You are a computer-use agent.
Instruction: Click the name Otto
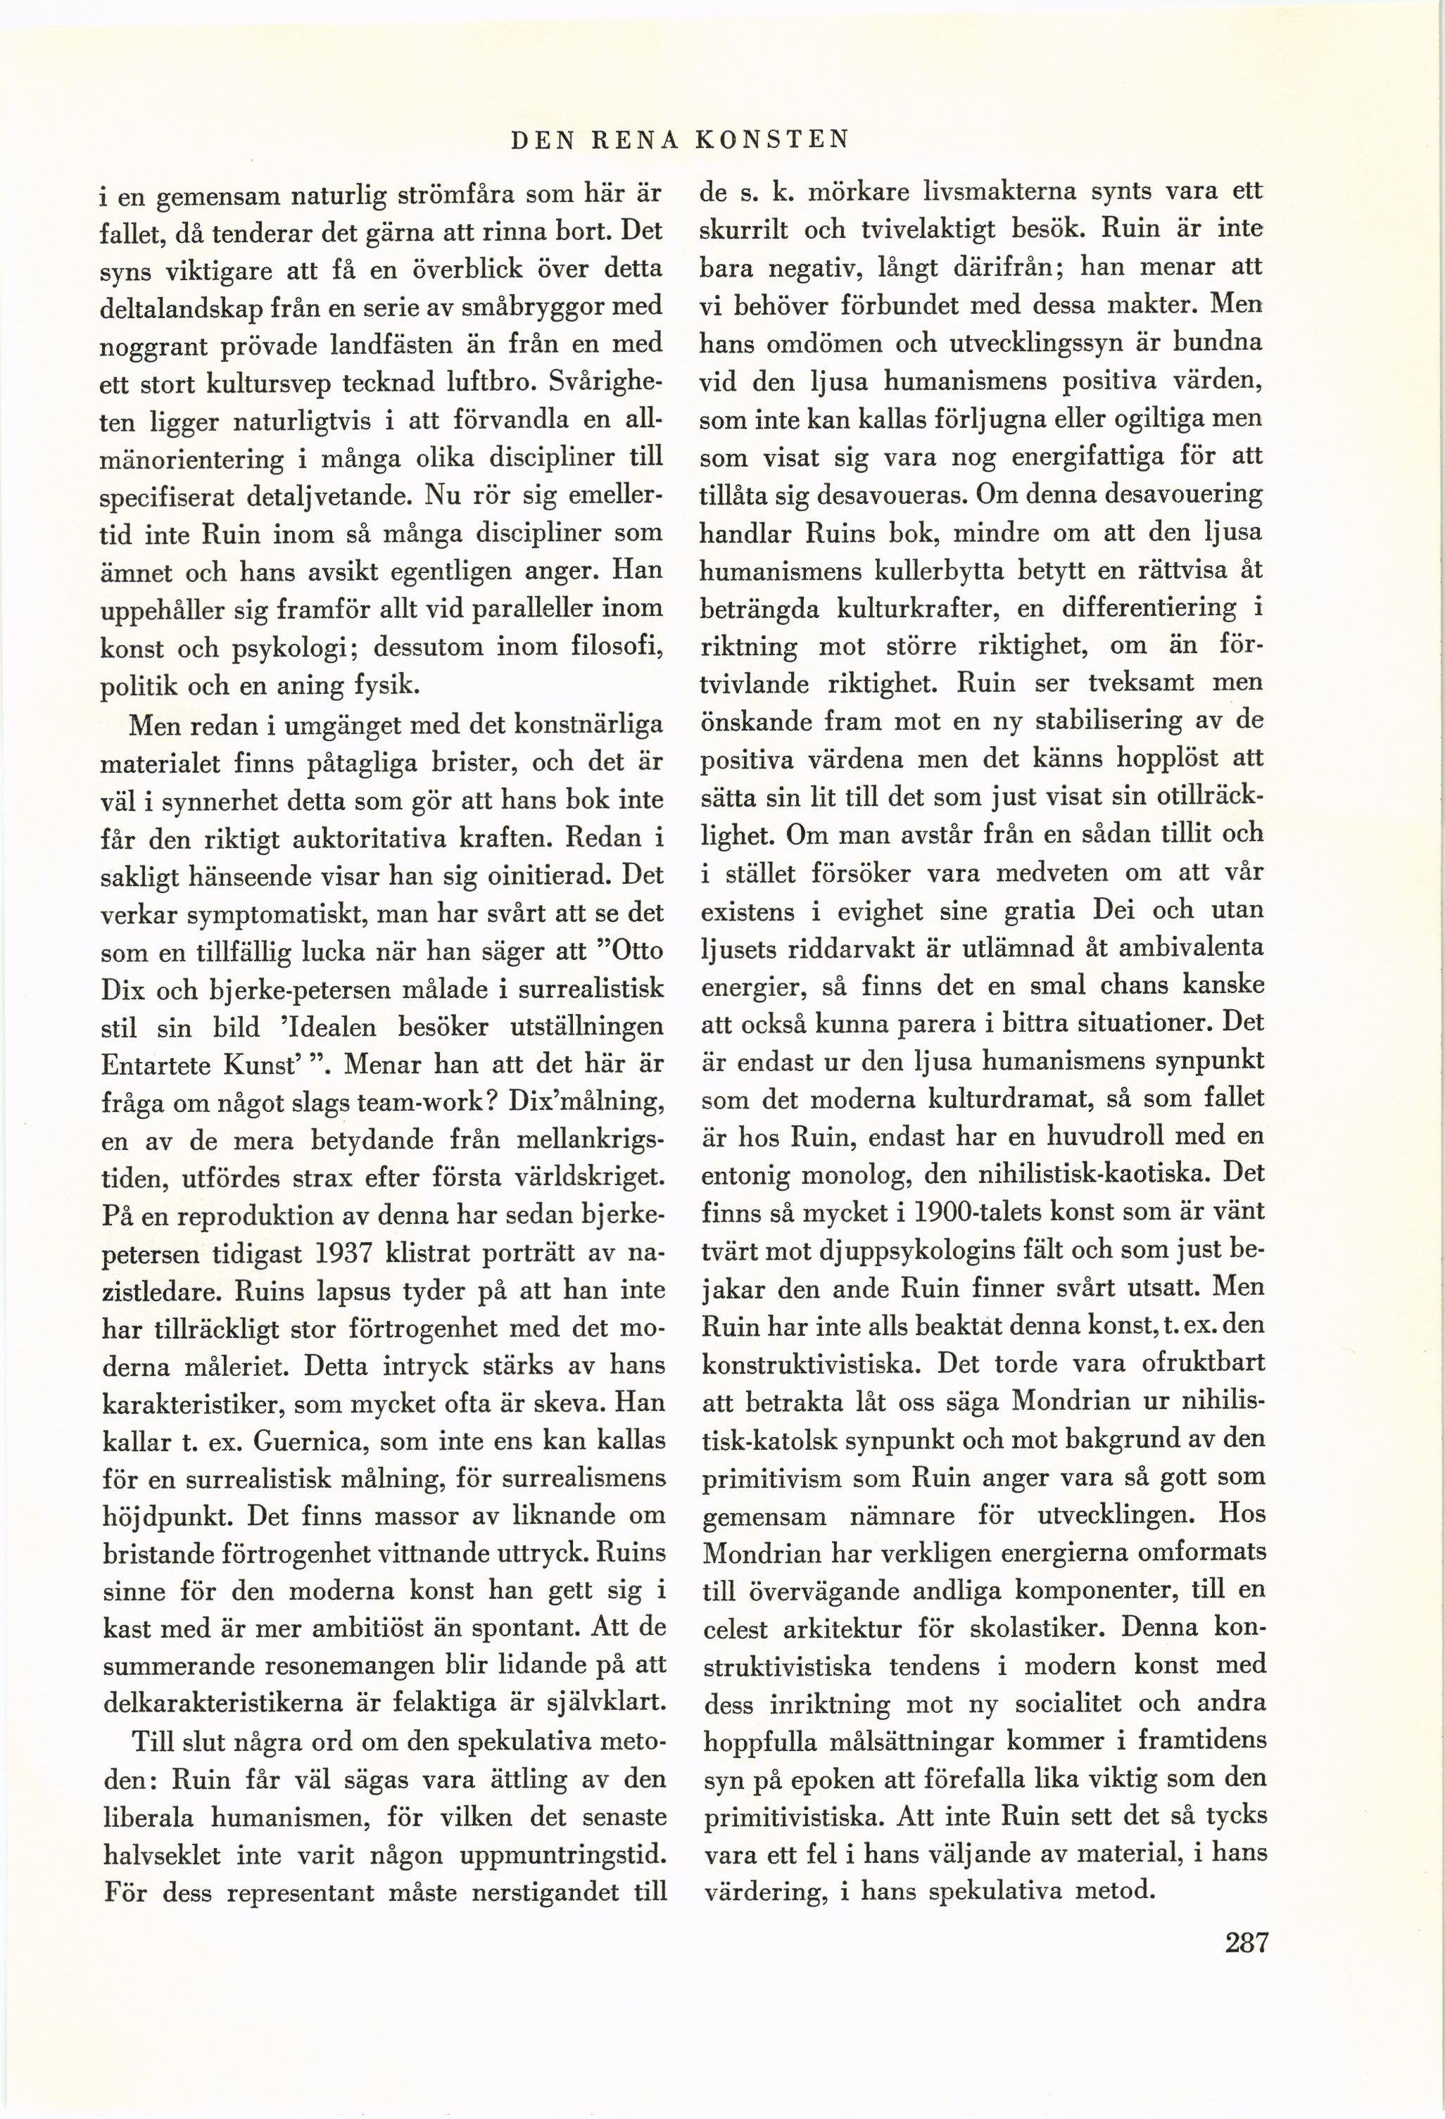pos(639,950)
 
